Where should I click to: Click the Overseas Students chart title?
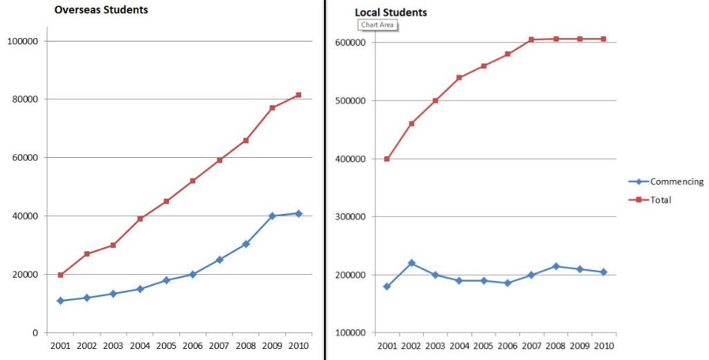(101, 10)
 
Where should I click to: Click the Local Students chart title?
(391, 12)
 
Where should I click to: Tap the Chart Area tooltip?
(377, 25)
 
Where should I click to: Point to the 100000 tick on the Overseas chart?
(21, 41)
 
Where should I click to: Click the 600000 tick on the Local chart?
(350, 42)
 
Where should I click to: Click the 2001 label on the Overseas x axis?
(60, 345)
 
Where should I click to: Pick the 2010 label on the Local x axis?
(603, 345)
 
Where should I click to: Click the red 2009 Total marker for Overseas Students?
(272, 108)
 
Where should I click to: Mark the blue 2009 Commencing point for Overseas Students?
(272, 216)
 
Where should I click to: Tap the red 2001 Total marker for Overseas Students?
(60, 275)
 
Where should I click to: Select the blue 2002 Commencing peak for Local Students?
(411, 263)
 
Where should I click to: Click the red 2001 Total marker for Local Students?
(387, 159)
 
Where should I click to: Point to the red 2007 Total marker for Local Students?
(531, 39)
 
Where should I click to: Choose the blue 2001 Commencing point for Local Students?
(387, 286)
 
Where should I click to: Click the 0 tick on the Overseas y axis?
(35, 333)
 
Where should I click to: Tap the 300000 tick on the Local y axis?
(350, 217)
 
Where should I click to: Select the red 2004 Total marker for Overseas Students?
(140, 219)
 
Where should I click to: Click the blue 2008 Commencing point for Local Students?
(555, 267)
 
